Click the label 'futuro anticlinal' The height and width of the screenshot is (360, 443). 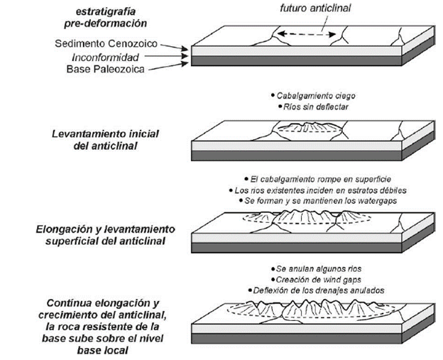pos(315,9)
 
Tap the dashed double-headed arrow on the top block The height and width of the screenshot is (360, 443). pos(307,35)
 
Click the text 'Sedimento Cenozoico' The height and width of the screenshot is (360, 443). pos(106,43)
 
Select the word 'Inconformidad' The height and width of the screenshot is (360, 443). pos(105,58)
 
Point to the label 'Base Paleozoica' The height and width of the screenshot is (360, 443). pos(105,70)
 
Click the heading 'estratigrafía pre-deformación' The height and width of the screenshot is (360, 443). pos(105,17)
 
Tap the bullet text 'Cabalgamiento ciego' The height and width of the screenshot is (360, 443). pos(316,96)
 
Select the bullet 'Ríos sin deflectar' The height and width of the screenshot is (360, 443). pos(316,107)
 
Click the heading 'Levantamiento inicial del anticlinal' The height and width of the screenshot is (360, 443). pos(105,140)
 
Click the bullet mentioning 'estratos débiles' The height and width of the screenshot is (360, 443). pos(320,190)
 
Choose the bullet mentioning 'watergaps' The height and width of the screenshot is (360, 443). pos(320,201)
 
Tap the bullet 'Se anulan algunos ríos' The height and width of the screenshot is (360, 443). pos(318,268)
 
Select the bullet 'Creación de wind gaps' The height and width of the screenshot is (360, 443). pos(318,280)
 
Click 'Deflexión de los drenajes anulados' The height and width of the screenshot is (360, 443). pos(318,290)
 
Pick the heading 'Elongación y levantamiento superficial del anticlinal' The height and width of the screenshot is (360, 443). pos(105,235)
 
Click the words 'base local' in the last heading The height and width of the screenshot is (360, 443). pos(102,351)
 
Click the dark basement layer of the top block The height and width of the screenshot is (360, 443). pos(296,61)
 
